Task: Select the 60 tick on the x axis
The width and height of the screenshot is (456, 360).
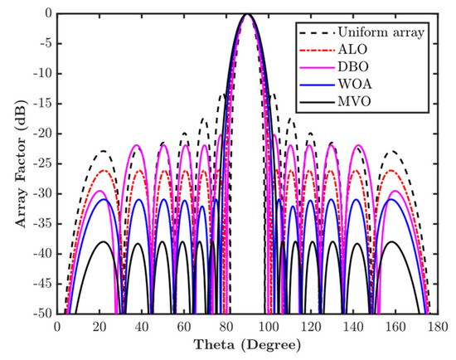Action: click(x=182, y=326)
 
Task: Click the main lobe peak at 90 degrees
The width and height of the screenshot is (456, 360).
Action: click(x=246, y=14)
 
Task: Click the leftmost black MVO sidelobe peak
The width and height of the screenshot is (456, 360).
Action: click(x=102, y=241)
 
